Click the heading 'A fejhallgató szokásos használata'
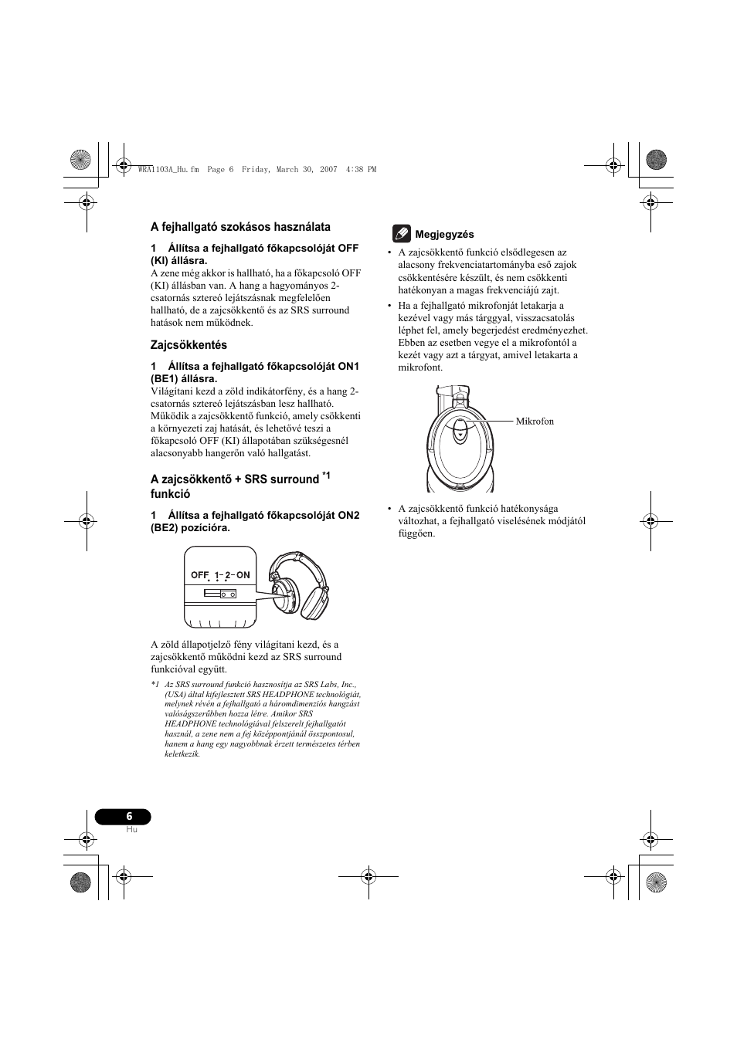coord(240,227)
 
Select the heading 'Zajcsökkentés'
coord(188,345)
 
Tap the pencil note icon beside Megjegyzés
coord(400,233)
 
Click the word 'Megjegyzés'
coord(444,235)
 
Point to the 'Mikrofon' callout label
coord(535,422)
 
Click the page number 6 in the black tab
coord(129,816)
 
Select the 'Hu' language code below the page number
coord(131,829)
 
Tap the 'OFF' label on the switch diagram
coord(200,575)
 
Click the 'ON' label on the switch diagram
coord(243,575)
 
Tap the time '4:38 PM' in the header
coord(362,169)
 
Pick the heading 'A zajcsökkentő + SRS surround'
coord(235,479)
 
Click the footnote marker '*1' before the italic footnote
coord(155,685)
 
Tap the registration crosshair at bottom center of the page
coord(368,876)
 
